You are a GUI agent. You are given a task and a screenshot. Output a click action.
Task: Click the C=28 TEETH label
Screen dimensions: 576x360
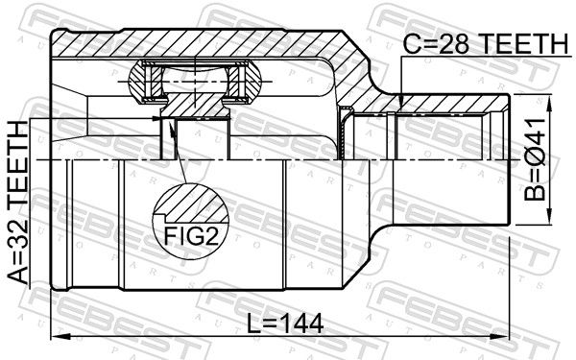coord(485,44)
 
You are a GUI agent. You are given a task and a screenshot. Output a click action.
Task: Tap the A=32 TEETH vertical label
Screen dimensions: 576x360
coord(18,204)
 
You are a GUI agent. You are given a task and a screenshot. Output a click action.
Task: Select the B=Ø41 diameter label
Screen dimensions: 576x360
coord(535,159)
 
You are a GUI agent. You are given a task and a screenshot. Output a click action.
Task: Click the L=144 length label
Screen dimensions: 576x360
coord(285,324)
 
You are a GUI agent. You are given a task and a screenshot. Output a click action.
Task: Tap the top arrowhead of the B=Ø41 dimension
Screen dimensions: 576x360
coord(549,104)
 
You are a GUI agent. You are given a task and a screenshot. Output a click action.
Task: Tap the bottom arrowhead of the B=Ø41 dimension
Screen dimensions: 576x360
coord(549,215)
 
